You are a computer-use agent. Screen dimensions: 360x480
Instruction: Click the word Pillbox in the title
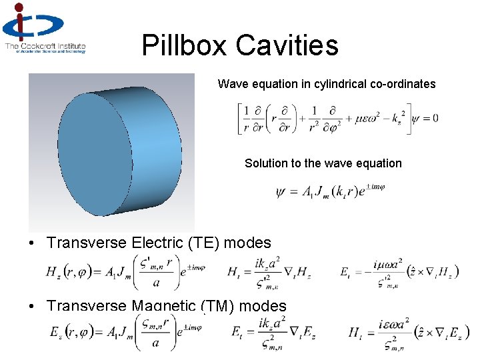pos(184,46)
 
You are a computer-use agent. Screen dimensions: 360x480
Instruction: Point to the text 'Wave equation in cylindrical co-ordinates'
pos(327,84)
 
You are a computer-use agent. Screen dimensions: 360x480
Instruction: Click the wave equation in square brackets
pos(325,119)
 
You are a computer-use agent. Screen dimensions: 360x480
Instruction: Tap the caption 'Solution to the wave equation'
pos(323,163)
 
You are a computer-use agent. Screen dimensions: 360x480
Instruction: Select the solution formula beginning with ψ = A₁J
pos(330,192)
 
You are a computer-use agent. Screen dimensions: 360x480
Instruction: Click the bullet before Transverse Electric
pos(31,243)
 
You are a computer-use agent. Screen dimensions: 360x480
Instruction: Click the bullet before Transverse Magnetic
pos(31,306)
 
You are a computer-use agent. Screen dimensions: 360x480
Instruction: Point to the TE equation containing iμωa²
pos(389,271)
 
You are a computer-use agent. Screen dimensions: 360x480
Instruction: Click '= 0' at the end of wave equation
pos(428,119)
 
